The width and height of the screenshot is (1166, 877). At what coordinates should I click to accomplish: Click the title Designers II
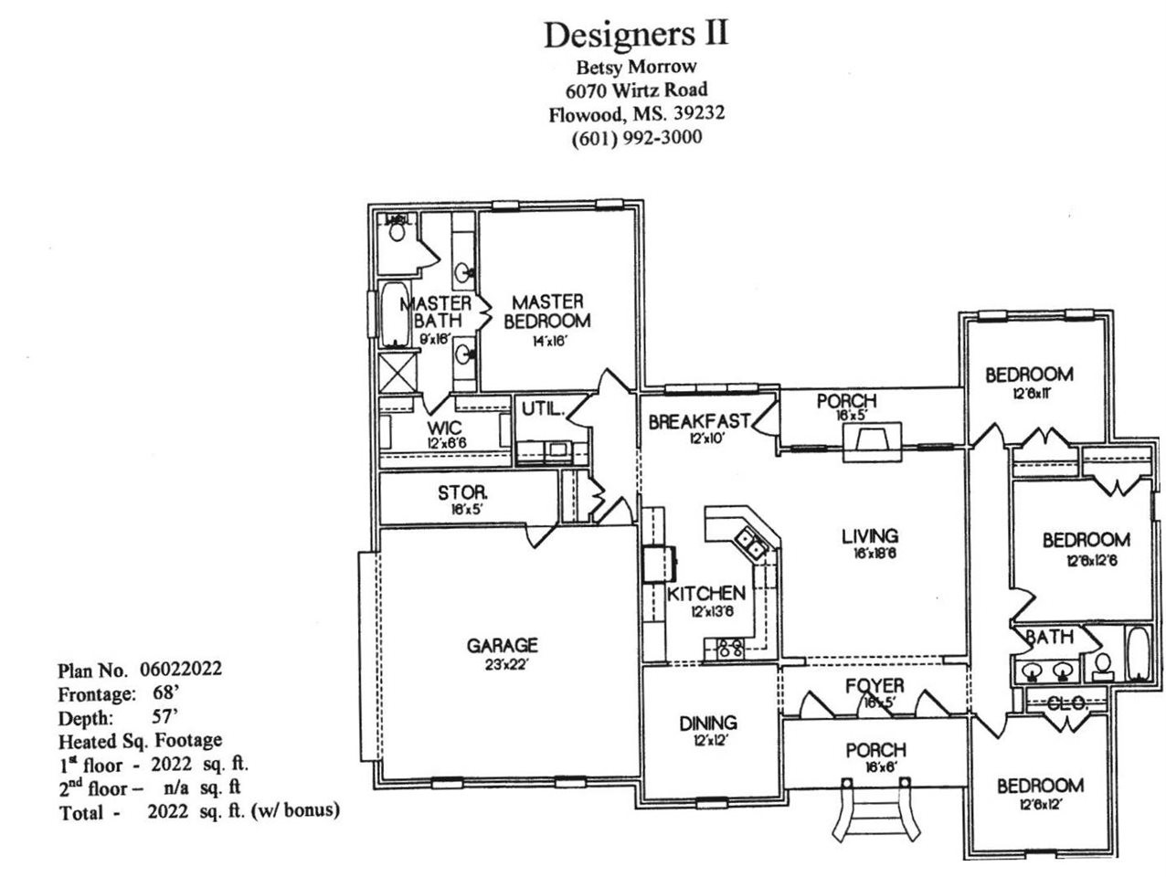click(636, 34)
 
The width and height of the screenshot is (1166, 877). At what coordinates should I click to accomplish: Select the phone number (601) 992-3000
click(636, 138)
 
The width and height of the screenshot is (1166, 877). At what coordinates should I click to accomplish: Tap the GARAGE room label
click(502, 646)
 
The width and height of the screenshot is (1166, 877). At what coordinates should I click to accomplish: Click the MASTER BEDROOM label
click(546, 311)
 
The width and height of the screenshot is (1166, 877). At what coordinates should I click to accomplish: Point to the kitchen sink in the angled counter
click(752, 545)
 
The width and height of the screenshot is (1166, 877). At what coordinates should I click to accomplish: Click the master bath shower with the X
click(395, 372)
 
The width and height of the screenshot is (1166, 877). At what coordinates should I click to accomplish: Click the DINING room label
click(708, 723)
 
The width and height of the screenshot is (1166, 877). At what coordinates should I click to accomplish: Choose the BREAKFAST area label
click(699, 421)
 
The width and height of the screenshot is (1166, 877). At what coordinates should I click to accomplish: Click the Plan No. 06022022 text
click(140, 670)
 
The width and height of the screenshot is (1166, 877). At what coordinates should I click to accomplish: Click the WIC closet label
click(444, 428)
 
